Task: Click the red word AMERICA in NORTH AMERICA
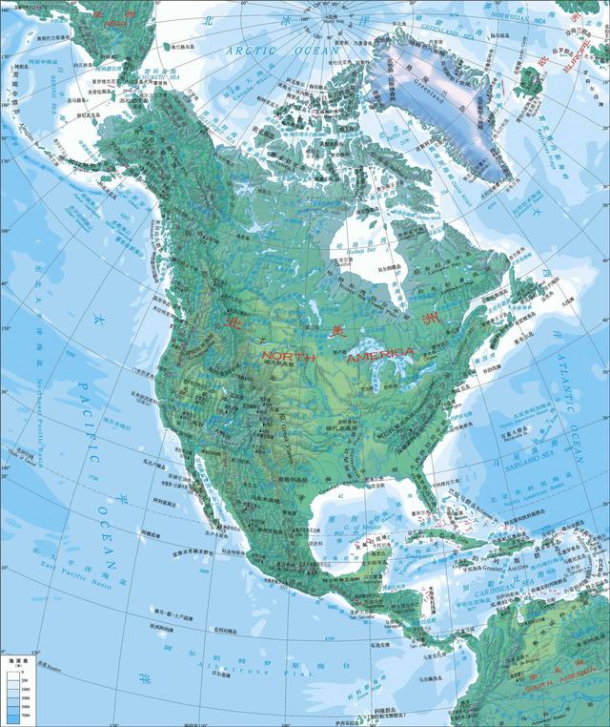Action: (x=381, y=354)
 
